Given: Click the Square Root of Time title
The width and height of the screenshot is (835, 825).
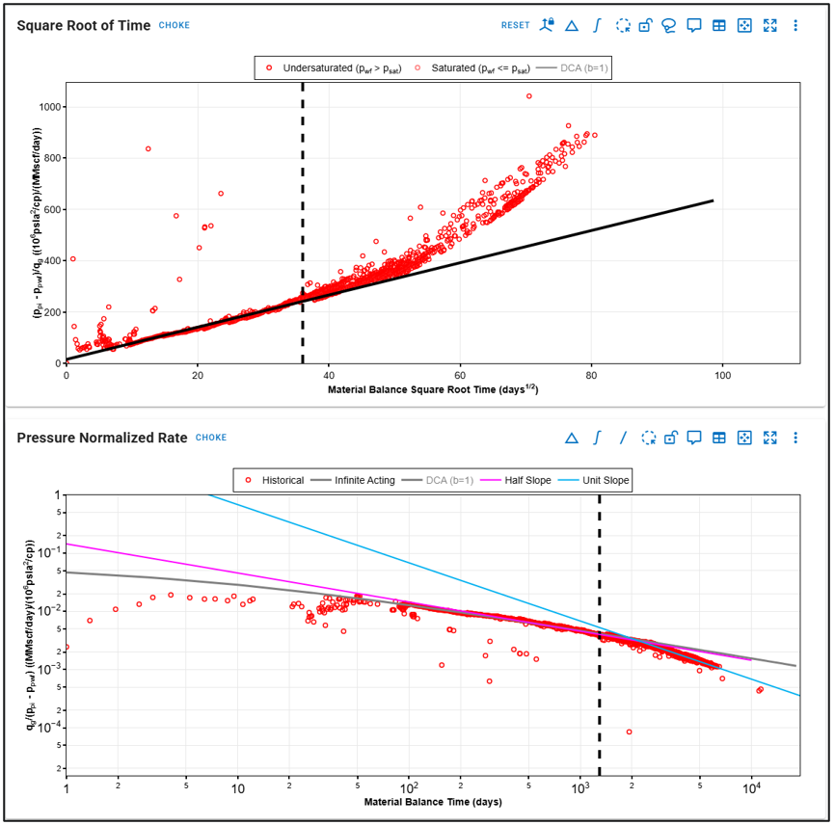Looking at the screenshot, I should pyautogui.click(x=84, y=24).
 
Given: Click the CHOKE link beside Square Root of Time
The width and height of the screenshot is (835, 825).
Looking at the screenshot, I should pyautogui.click(x=175, y=25).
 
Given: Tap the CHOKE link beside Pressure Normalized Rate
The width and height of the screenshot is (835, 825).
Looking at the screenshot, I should pyautogui.click(x=211, y=438).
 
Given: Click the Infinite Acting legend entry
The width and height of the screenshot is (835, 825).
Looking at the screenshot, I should pyautogui.click(x=362, y=480).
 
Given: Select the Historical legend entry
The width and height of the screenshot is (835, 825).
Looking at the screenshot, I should pyautogui.click(x=277, y=480).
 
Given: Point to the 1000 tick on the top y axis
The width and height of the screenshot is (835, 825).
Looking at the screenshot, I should pyautogui.click(x=47, y=106).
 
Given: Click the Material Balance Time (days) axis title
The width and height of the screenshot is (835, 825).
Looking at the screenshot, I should pyautogui.click(x=432, y=802).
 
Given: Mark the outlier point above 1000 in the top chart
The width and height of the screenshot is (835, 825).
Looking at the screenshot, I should pyautogui.click(x=528, y=96).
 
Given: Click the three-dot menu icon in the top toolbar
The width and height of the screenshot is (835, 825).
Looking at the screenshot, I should pyautogui.click(x=795, y=25).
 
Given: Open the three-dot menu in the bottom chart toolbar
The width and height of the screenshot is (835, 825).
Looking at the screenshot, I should pyautogui.click(x=795, y=438).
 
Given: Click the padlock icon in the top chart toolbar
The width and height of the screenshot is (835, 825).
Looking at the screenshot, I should pyautogui.click(x=646, y=25).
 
